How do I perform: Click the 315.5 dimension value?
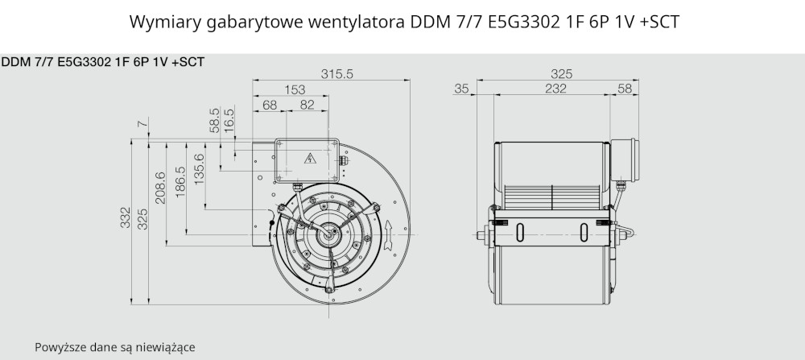pos(337,74)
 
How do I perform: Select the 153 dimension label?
pos(295,90)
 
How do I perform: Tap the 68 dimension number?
pos(270,105)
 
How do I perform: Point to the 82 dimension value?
pos(307,105)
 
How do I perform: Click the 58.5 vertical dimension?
pos(215,120)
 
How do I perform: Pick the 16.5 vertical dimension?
pos(229,120)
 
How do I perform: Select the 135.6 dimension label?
pos(200,169)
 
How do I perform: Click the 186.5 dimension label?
pos(180,182)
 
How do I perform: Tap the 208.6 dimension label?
pos(161,188)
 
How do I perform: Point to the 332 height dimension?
pos(126,217)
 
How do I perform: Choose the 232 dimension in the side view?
pos(556,89)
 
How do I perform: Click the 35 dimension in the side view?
pos(461,89)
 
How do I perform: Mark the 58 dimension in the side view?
pos(625,89)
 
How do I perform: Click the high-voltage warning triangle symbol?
pos(310,158)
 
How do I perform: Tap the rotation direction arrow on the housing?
pos(388,235)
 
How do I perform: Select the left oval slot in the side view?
pos(519,233)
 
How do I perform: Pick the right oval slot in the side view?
pos(584,233)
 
